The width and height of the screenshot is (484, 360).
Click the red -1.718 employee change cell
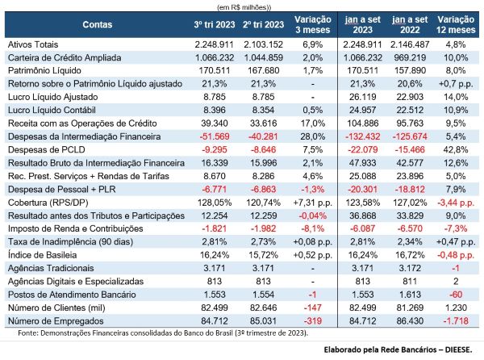454,320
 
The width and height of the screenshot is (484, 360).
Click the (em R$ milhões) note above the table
241,5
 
